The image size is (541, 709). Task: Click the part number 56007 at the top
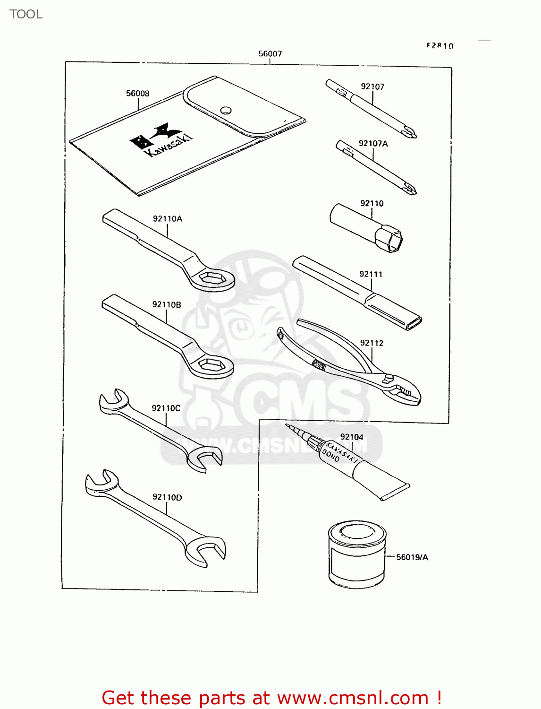pos(270,54)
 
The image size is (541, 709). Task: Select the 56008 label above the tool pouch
pos(137,94)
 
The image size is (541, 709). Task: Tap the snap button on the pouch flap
pos(226,110)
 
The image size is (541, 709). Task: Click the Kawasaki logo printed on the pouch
pos(161,139)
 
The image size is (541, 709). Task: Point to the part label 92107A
pos(373,144)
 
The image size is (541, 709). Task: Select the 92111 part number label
pos(371,274)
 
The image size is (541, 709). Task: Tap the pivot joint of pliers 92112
pos(389,378)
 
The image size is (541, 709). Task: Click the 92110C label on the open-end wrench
pos(166,408)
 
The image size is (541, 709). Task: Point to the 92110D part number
pos(167,497)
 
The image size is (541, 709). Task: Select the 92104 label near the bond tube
pos(352,437)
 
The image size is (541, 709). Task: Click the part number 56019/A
pos(412,557)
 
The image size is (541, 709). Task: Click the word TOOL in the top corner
pos(26,14)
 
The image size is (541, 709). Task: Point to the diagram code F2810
pos(440,46)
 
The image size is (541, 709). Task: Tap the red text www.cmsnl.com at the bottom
pos(353,698)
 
